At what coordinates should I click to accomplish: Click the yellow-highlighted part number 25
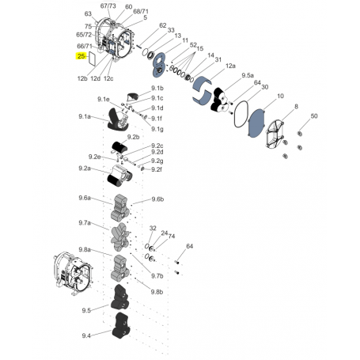click(x=82, y=57)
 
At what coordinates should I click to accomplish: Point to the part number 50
click(x=314, y=117)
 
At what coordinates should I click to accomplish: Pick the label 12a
click(x=230, y=66)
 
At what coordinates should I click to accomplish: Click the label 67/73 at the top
click(x=108, y=6)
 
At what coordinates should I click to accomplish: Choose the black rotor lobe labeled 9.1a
click(x=116, y=121)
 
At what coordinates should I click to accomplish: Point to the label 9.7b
click(x=157, y=276)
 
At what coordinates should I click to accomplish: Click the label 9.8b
click(x=157, y=291)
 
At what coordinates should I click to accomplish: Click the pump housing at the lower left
click(x=72, y=270)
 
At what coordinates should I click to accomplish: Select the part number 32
click(x=153, y=228)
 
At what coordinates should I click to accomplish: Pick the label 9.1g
click(x=157, y=128)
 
